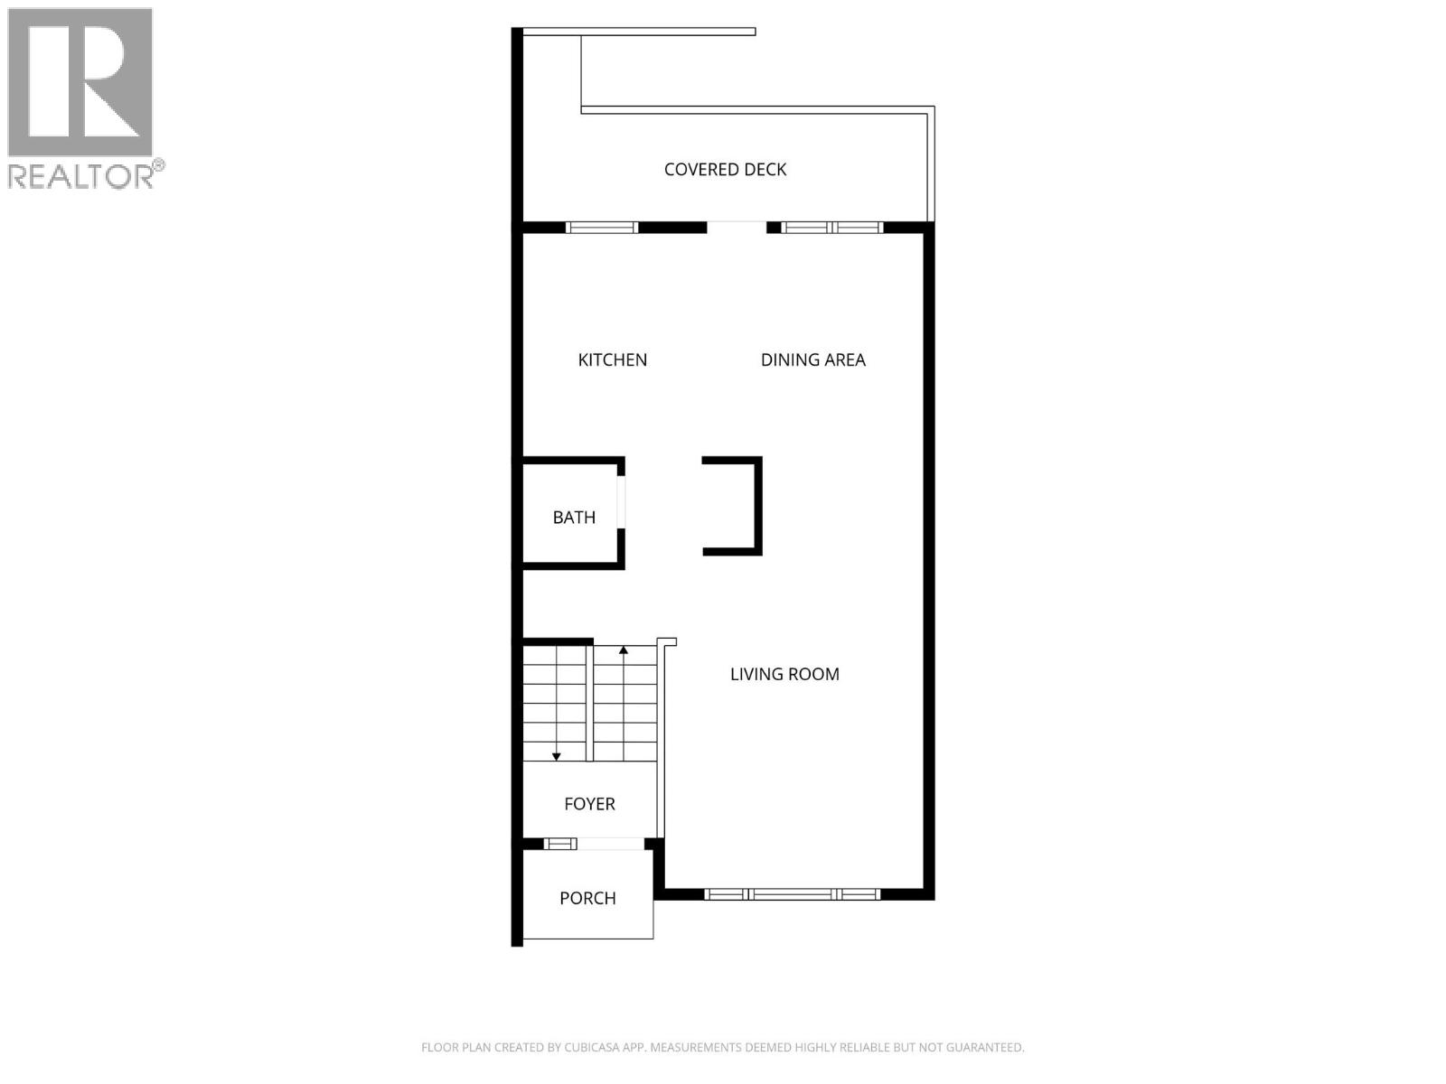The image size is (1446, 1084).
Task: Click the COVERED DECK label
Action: click(725, 169)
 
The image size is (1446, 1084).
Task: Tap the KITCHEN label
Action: click(612, 360)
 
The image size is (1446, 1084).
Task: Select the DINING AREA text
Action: click(812, 360)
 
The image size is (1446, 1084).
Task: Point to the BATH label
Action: click(574, 518)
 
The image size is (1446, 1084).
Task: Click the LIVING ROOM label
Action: click(784, 674)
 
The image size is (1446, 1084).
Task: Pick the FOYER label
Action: click(589, 804)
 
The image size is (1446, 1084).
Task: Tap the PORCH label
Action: click(587, 898)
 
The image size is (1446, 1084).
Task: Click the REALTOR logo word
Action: click(81, 176)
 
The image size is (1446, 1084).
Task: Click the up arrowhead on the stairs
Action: click(624, 649)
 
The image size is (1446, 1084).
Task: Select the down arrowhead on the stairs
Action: click(557, 755)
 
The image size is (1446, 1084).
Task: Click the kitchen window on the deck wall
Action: click(602, 228)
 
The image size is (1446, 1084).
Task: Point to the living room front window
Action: click(792, 894)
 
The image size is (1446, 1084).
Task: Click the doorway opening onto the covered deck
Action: click(737, 226)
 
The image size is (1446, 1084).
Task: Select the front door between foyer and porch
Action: click(610, 844)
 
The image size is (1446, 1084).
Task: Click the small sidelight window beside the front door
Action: click(560, 844)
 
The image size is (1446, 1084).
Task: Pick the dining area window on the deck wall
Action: click(831, 228)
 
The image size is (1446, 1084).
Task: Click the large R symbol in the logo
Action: click(80, 81)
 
